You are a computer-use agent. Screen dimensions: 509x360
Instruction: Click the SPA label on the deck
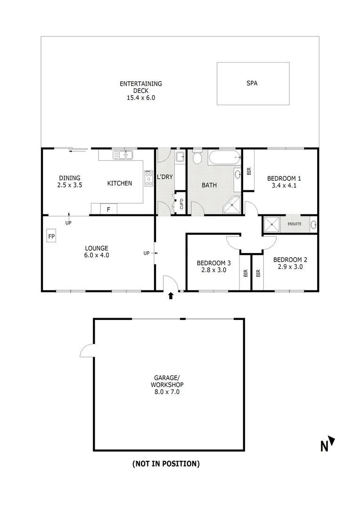pos(252,83)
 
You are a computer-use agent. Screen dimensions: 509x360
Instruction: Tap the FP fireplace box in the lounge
pos(51,236)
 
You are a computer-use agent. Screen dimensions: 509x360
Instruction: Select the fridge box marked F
pos(108,209)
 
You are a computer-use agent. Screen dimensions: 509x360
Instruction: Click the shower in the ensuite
pos(272,224)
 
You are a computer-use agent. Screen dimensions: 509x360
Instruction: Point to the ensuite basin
pos(313,224)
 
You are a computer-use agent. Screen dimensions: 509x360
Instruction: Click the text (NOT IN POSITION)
pos(166,464)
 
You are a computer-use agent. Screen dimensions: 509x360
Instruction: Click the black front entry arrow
pos(171,296)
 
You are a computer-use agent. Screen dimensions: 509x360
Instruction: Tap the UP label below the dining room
pos(68,222)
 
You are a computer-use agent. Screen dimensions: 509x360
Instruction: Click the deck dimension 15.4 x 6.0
pos(141,98)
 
